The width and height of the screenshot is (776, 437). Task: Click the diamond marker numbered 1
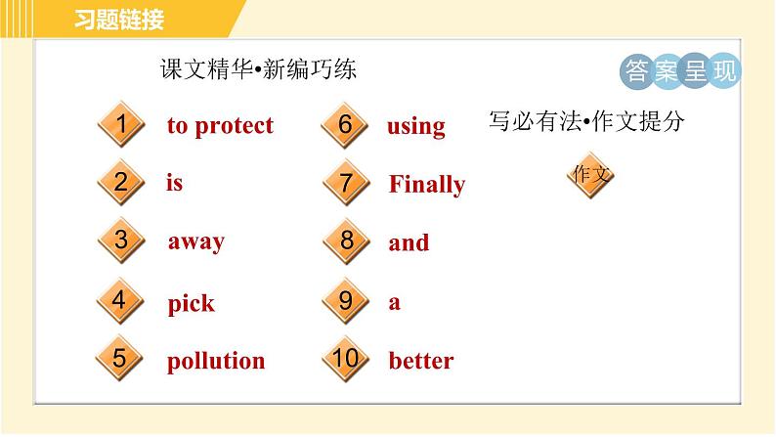[120, 125]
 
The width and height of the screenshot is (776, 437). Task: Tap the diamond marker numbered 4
[120, 300]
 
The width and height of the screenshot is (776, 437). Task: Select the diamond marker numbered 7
[346, 183]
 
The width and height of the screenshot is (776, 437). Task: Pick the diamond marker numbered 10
[346, 359]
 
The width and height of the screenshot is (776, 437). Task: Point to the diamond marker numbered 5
[120, 359]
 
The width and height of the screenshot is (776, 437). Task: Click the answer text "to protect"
[220, 126]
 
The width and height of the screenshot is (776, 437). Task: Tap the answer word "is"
[175, 183]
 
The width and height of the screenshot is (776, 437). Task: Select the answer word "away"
[195, 241]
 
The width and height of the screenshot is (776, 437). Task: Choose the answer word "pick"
[191, 303]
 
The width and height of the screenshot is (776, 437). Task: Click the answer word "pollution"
[215, 361]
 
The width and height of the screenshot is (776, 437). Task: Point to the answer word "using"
[415, 127]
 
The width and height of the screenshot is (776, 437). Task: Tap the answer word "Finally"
[426, 185]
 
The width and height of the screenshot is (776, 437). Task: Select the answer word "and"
[409, 243]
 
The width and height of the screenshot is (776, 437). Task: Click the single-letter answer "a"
[394, 302]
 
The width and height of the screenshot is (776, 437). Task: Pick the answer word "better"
[420, 361]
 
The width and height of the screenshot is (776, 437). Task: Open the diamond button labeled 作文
[591, 175]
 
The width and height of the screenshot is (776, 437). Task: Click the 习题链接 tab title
[119, 20]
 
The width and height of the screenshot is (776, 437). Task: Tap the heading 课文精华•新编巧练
[258, 69]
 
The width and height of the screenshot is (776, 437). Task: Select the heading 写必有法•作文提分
[585, 122]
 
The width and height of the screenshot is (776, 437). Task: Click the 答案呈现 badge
[680, 70]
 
